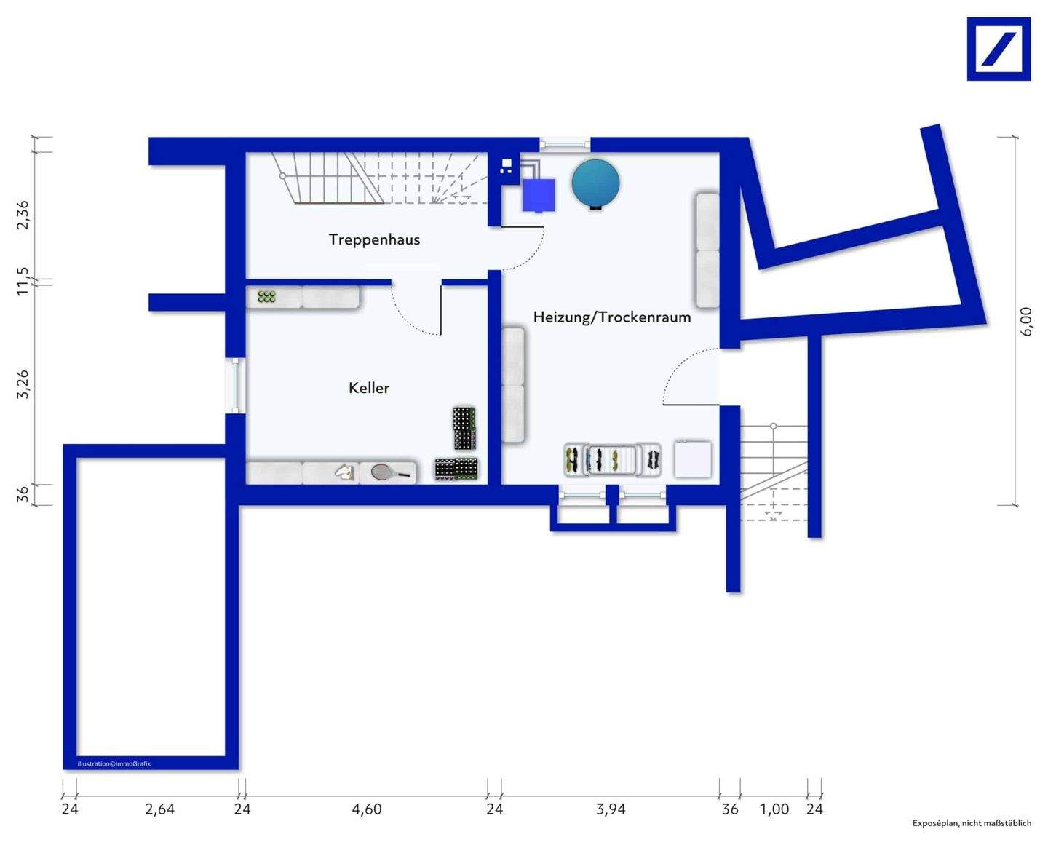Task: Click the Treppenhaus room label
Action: (x=374, y=239)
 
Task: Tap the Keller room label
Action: (x=369, y=388)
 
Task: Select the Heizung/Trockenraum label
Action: (x=611, y=317)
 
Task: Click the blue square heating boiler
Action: (x=539, y=195)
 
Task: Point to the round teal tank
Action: (x=595, y=183)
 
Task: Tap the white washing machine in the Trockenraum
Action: (x=692, y=459)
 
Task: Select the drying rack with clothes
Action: (x=612, y=459)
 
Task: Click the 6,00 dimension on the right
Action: (x=1025, y=321)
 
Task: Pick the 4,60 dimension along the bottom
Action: (x=367, y=809)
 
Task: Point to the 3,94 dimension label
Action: (x=611, y=809)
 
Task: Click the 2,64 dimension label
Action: (x=159, y=809)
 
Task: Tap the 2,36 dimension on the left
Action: (x=23, y=215)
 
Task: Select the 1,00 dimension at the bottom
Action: (x=774, y=809)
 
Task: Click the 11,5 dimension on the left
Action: (x=23, y=281)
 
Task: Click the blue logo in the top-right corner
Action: (x=999, y=49)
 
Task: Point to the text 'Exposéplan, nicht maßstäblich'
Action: (x=972, y=823)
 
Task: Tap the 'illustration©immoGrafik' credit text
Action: (x=114, y=763)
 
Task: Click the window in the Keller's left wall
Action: (x=235, y=385)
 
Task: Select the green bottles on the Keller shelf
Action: (x=266, y=296)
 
